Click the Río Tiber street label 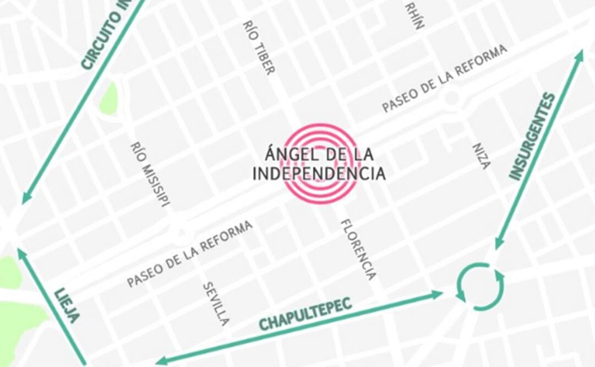pos(258,48)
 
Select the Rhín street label pos(415,15)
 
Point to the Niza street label pos(481,156)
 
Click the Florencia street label pos(358,249)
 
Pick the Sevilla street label pos(216,304)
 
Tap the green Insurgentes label pos(532,137)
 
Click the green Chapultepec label pos(305,316)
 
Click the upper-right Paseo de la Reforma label pos(444,78)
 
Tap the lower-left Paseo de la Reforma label pos(190,253)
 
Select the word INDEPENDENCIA pos(319,174)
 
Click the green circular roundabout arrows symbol pos(479,286)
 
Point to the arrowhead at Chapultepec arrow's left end pos(160,361)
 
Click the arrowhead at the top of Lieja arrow pos(21,253)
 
